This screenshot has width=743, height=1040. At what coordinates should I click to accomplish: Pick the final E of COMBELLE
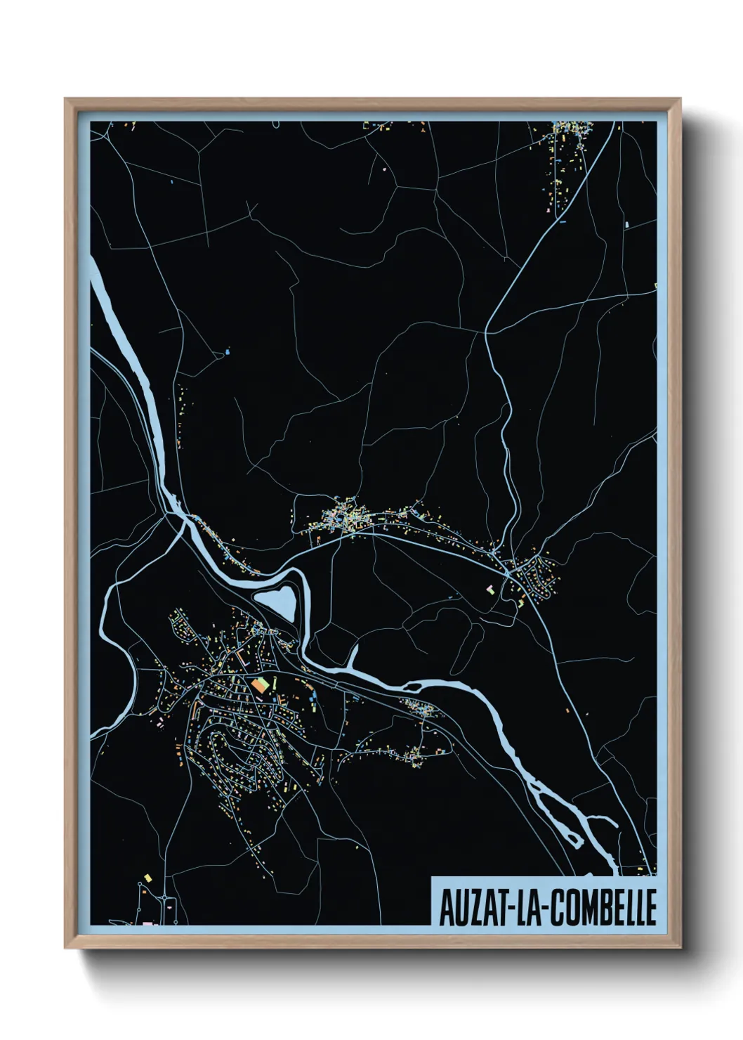650,906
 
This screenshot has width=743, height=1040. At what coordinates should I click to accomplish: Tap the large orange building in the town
259,684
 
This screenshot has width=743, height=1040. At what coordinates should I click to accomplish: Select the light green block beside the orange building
268,681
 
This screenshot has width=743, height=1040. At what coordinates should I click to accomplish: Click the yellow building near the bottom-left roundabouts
147,877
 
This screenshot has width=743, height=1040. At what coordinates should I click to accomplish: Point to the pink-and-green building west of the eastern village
491,589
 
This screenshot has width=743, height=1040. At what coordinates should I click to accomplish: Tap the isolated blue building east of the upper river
227,351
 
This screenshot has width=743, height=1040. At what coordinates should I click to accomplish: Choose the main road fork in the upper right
486,332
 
